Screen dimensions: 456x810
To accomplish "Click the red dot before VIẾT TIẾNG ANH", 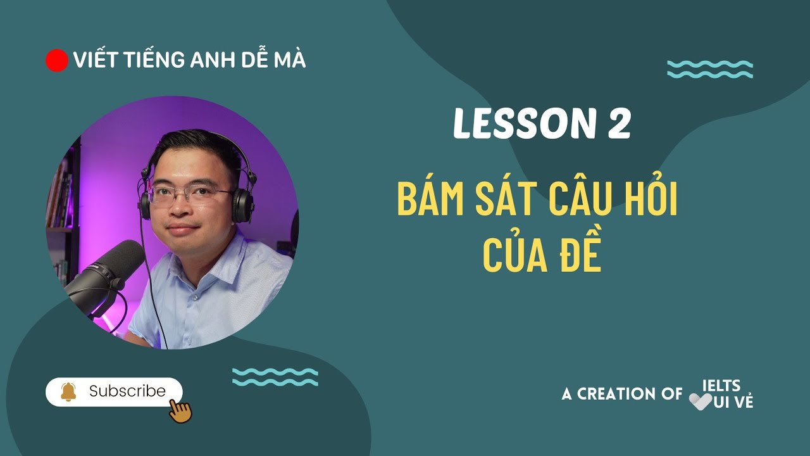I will [57, 60].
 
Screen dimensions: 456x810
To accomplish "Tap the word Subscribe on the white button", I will [127, 391].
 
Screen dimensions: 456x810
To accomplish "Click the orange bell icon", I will [68, 392].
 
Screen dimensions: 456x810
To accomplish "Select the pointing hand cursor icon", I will [180, 410].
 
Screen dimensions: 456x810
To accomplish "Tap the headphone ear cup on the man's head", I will [241, 204].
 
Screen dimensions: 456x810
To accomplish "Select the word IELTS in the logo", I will [721, 386].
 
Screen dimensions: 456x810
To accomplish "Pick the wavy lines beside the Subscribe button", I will [275, 377].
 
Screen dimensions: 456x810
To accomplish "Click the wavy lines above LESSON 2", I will [710, 69].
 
